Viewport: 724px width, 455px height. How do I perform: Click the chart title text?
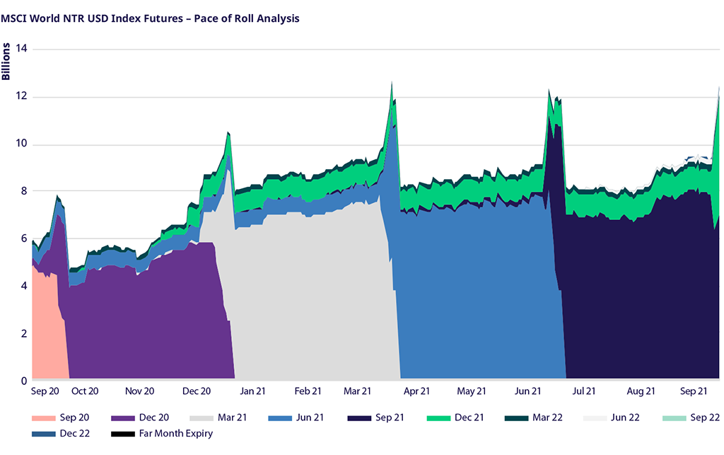point(150,18)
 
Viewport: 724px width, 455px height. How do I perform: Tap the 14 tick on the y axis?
point(21,49)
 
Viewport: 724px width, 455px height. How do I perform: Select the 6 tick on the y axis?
point(24,239)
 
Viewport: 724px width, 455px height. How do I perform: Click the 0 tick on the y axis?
point(24,381)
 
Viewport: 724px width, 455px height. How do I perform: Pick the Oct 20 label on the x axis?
point(84,391)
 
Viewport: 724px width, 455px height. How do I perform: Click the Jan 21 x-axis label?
point(251,391)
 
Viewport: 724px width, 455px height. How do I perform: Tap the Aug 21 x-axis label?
point(639,391)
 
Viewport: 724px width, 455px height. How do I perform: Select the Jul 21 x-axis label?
point(581,391)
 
